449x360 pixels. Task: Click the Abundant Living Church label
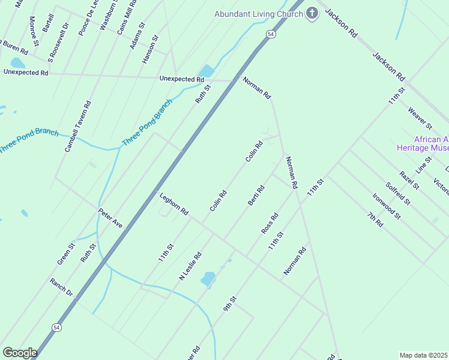click(x=259, y=13)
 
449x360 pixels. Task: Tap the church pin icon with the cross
click(x=312, y=13)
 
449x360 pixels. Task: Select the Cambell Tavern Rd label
click(x=78, y=126)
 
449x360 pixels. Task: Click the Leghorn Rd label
click(x=174, y=204)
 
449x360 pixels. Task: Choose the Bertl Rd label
click(x=256, y=195)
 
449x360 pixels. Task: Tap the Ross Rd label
click(x=270, y=223)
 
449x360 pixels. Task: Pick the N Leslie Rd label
click(x=190, y=266)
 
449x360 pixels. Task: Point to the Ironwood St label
click(x=386, y=206)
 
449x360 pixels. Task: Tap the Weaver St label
click(x=420, y=118)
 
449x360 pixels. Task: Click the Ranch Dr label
click(x=61, y=287)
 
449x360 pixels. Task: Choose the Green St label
click(x=66, y=254)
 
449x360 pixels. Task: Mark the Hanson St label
click(x=150, y=50)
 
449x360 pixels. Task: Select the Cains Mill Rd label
click(x=127, y=18)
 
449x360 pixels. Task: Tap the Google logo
click(x=20, y=353)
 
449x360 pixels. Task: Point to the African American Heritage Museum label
click(x=423, y=143)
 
